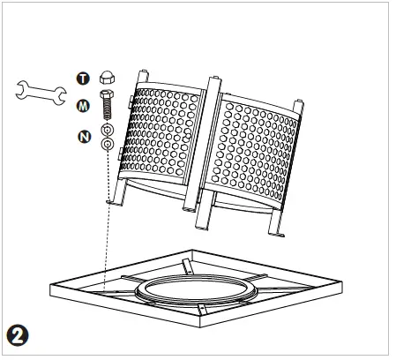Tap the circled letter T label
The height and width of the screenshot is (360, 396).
pos(84,79)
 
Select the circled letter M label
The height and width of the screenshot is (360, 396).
pos(84,106)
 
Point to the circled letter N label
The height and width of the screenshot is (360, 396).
pos(85,136)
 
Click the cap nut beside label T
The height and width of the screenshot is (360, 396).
pos(106,78)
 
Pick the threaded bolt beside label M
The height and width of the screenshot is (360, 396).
pos(106,106)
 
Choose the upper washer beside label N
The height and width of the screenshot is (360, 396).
pos(106,131)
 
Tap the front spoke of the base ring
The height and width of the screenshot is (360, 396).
pos(203,309)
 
